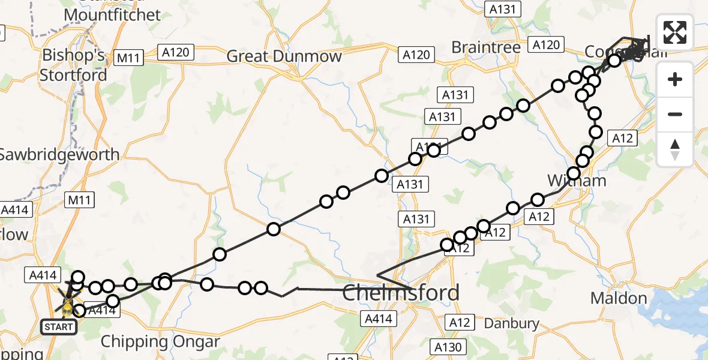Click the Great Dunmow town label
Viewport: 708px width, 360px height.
[284, 57]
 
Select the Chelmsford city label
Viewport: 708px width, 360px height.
[401, 293]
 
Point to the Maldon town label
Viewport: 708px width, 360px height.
[613, 298]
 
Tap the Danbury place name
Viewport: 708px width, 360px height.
[511, 324]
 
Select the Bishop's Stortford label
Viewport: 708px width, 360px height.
[73, 65]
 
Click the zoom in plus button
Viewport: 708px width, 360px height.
[675, 80]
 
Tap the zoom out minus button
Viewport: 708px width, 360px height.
[675, 114]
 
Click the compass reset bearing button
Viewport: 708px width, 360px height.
[675, 149]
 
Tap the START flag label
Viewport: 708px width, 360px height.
[59, 327]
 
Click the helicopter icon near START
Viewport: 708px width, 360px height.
[67, 303]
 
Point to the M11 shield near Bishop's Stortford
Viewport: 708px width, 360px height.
[128, 58]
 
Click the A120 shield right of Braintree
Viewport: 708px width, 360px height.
[546, 44]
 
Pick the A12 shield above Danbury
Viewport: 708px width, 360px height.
[460, 323]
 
